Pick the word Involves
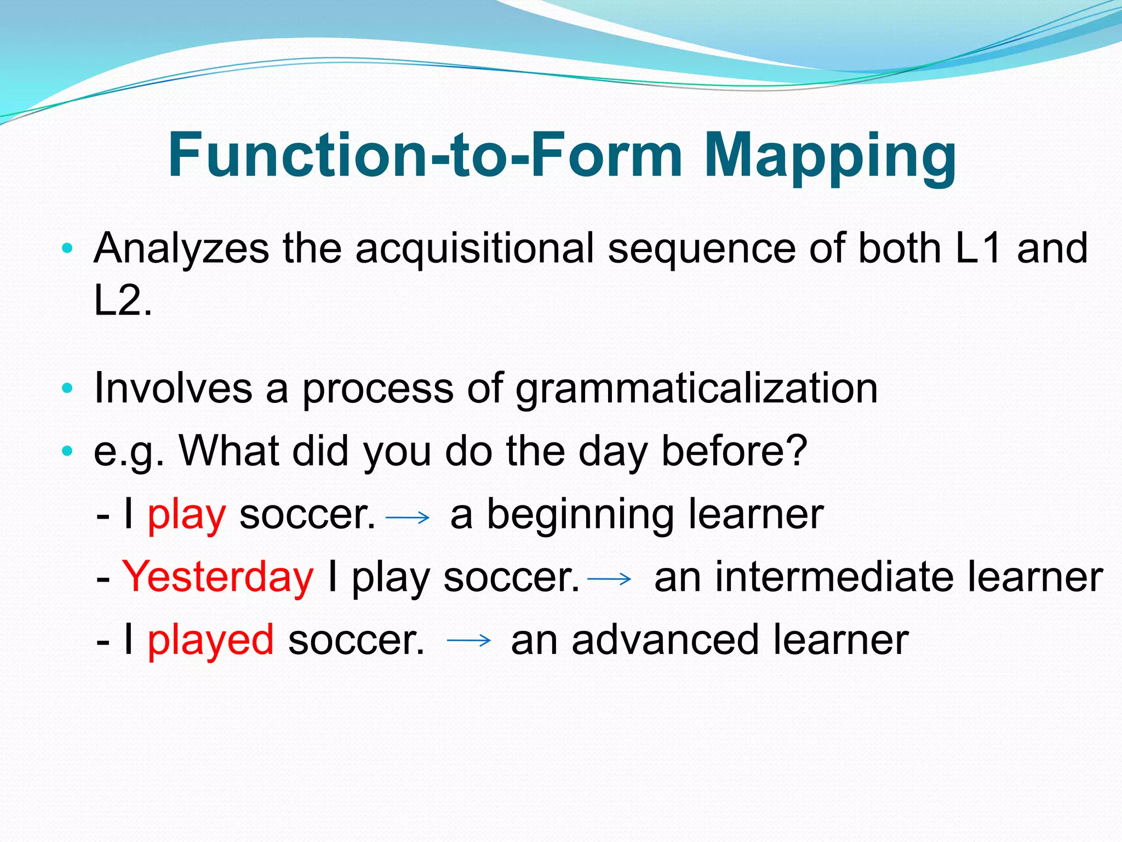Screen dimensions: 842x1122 click(173, 388)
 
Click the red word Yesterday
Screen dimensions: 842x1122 click(218, 577)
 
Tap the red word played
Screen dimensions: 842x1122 click(211, 640)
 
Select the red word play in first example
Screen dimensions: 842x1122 click(187, 515)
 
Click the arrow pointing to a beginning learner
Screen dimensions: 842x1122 click(408, 517)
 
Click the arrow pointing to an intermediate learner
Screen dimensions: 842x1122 click(609, 578)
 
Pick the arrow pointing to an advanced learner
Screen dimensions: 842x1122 click(468, 640)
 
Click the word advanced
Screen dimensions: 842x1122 click(665, 640)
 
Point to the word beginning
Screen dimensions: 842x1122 click(580, 515)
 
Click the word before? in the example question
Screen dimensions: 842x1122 click(734, 451)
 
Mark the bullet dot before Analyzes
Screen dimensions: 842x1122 click(67, 249)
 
